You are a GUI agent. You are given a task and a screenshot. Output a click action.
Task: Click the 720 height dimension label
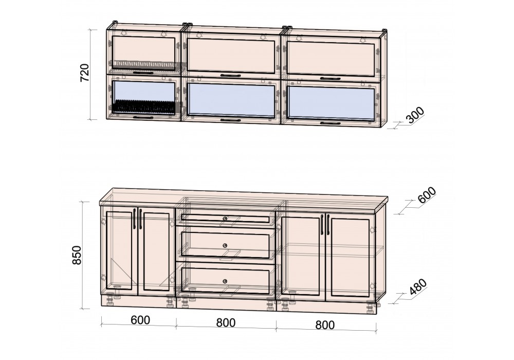[85, 73]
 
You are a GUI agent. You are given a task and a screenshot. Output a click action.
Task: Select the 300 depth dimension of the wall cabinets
[415, 115]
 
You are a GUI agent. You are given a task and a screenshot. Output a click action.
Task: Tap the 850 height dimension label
[77, 255]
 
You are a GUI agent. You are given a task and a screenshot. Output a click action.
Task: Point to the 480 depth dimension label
[418, 287]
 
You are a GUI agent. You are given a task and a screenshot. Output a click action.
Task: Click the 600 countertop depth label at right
[427, 195]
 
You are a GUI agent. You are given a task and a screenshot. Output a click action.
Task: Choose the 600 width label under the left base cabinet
[140, 320]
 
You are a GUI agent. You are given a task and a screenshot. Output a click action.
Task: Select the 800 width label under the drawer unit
[226, 322]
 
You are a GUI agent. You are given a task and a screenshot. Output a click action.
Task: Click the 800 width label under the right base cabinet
[325, 325]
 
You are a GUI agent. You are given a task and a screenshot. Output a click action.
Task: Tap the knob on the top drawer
[225, 219]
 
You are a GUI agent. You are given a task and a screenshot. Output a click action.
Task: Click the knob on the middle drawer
[225, 245]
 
